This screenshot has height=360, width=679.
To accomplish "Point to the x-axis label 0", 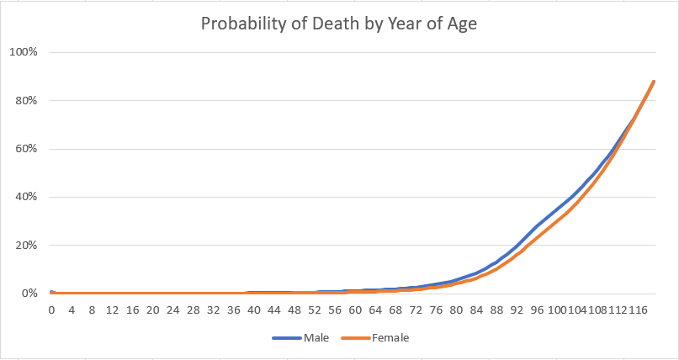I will pyautogui.click(x=51, y=310).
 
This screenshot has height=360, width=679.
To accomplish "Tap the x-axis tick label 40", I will pyautogui.click(x=253, y=310).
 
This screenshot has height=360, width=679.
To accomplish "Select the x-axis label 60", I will pyautogui.click(x=354, y=310).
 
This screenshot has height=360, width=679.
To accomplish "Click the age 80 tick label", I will pyautogui.click(x=456, y=310).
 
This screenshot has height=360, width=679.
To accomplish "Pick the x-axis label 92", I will pyautogui.click(x=517, y=310).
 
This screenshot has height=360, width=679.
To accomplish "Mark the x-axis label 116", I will pyautogui.click(x=637, y=310).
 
